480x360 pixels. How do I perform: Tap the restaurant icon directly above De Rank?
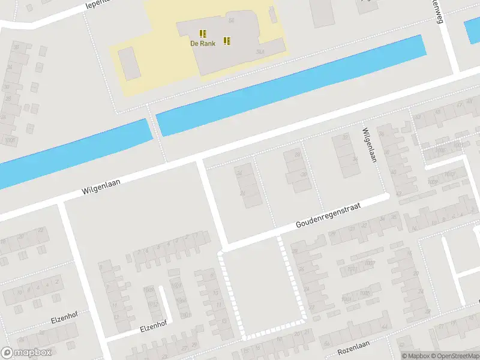click(203, 32)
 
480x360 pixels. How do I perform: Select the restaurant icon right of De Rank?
click(227, 41)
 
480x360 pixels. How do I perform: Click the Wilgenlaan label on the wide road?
click(98, 185)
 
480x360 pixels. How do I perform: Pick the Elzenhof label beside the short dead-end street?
click(152, 326)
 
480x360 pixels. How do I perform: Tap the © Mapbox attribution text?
click(416, 356)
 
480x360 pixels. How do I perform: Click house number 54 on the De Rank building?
click(231, 20)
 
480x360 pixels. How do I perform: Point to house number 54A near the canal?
click(260, 52)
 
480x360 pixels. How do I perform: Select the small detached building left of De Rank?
click(129, 64)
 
